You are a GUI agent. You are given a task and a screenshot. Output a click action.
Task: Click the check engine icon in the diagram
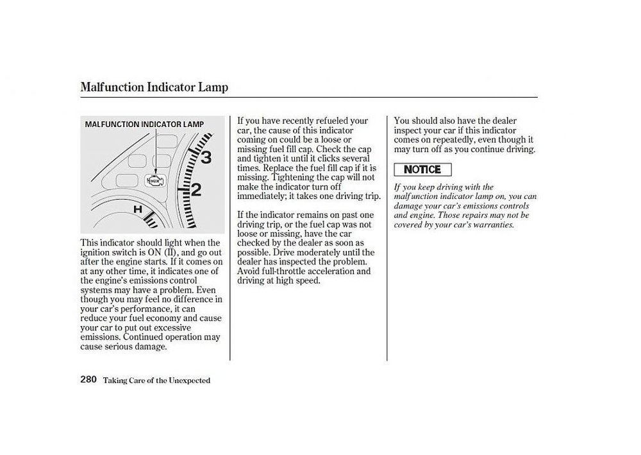(x=155, y=180)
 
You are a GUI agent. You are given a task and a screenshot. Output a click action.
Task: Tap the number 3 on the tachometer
(x=206, y=157)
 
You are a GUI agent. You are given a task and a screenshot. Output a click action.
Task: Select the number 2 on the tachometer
(x=196, y=190)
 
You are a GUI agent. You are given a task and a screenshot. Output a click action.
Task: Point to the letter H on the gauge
(x=138, y=209)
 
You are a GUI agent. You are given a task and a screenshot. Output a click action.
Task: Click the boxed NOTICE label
(x=422, y=169)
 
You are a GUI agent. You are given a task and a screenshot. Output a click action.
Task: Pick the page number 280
(x=88, y=379)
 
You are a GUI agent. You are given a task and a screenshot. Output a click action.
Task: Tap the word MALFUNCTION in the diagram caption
(x=112, y=124)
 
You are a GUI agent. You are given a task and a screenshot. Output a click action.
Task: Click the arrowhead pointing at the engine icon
(x=156, y=172)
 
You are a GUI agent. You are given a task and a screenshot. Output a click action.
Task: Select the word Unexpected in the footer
(x=189, y=381)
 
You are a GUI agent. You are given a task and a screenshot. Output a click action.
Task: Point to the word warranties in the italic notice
(x=494, y=225)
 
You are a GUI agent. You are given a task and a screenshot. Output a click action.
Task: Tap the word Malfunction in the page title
(x=112, y=87)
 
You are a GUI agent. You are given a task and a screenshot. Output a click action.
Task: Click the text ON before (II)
(x=154, y=252)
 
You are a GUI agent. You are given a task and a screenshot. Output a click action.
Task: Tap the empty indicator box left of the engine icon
(x=127, y=180)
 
